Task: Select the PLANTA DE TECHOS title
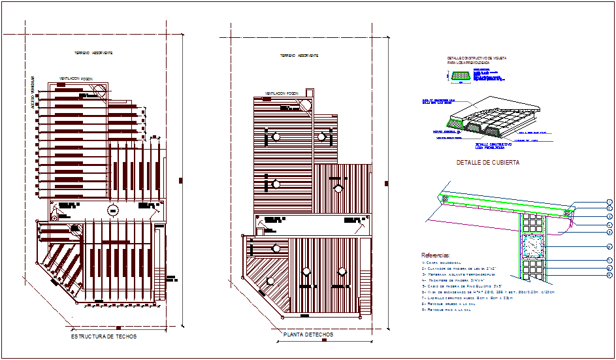pyautogui.click(x=308, y=335)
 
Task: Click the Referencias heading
pyautogui.click(x=436, y=255)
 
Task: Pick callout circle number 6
pyautogui.click(x=609, y=246)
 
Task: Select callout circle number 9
pyautogui.click(x=609, y=275)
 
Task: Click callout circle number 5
pyautogui.click(x=609, y=232)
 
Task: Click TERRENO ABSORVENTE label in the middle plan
pyautogui.click(x=300, y=56)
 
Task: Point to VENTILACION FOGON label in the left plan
pyautogui.click(x=76, y=78)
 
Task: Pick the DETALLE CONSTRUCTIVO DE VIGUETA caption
pyautogui.click(x=477, y=60)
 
